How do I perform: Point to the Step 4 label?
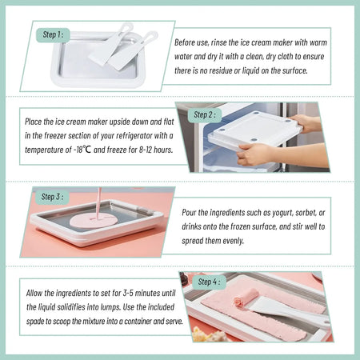click(x=210, y=282)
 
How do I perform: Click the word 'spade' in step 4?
click(x=42, y=321)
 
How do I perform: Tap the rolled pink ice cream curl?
click(x=241, y=302)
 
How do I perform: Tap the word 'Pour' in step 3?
click(x=193, y=211)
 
